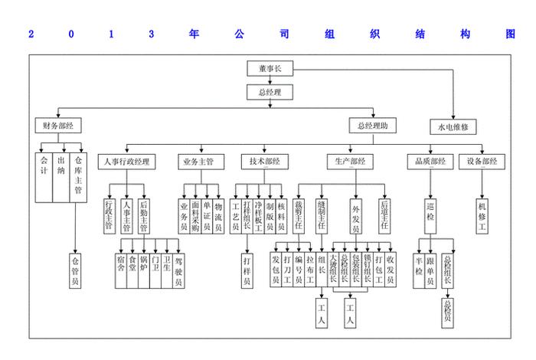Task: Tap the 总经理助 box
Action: coord(373,125)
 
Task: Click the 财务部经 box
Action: coord(58,125)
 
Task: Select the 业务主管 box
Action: coord(202,162)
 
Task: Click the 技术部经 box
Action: coord(265,162)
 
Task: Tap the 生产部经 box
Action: coord(351,162)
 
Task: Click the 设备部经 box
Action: coord(482,162)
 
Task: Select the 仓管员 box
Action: coord(75,269)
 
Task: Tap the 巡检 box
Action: coord(430,217)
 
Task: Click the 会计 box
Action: coord(44,176)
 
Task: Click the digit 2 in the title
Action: coord(31,34)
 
